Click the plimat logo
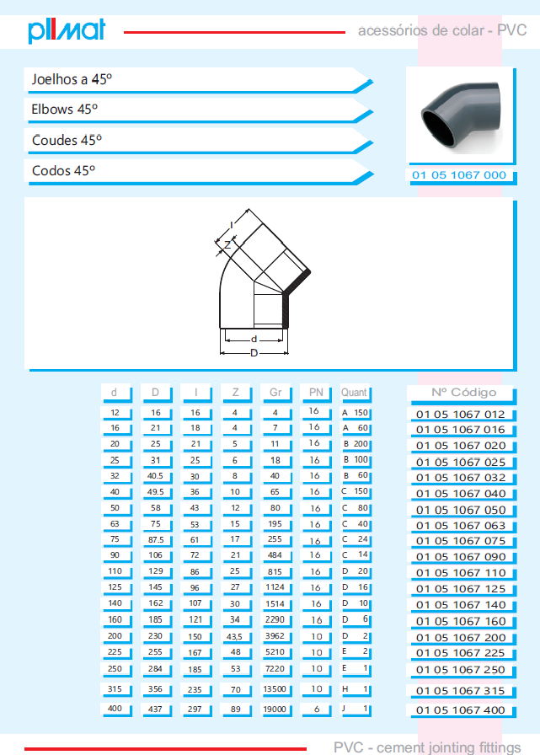pyautogui.click(x=67, y=30)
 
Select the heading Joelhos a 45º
pyautogui.click(x=72, y=79)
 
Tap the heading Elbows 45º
pyautogui.click(x=65, y=110)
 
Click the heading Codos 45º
pyautogui.click(x=63, y=170)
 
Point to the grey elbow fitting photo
pyautogui.click(x=462, y=115)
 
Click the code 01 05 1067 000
pyautogui.click(x=459, y=175)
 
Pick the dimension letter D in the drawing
pyautogui.click(x=254, y=353)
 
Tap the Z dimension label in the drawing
pyautogui.click(x=227, y=245)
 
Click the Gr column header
pyautogui.click(x=275, y=393)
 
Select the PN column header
pyautogui.click(x=316, y=393)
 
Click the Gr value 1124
pyautogui.click(x=275, y=587)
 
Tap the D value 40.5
pyautogui.click(x=155, y=476)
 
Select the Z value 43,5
pyautogui.click(x=234, y=636)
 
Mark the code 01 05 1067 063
pyautogui.click(x=461, y=525)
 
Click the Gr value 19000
pyautogui.click(x=275, y=709)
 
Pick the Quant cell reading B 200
pyautogui.click(x=356, y=444)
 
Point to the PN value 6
pyautogui.click(x=316, y=709)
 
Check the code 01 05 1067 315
pyautogui.click(x=461, y=690)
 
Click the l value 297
pyautogui.click(x=195, y=709)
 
